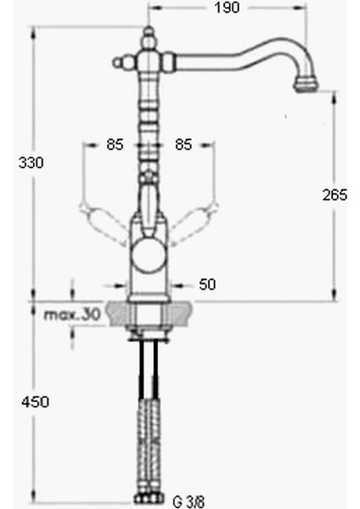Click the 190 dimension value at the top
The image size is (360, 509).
click(227, 8)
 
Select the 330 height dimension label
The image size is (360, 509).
click(31, 162)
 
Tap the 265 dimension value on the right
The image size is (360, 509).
click(335, 195)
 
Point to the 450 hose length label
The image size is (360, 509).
click(35, 401)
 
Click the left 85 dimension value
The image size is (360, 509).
click(115, 145)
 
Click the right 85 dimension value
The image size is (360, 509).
click(183, 145)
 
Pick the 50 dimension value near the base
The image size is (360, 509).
click(207, 283)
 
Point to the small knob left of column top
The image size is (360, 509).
click(118, 62)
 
